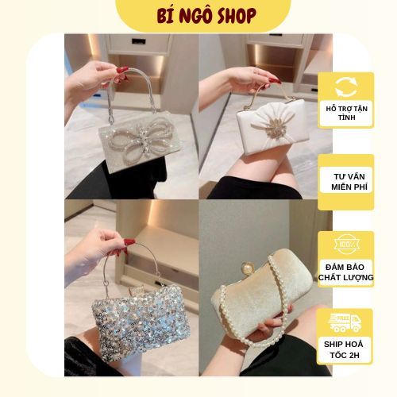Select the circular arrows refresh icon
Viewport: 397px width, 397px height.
click(x=345, y=87)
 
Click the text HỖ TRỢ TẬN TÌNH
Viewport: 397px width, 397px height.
click(x=345, y=114)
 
